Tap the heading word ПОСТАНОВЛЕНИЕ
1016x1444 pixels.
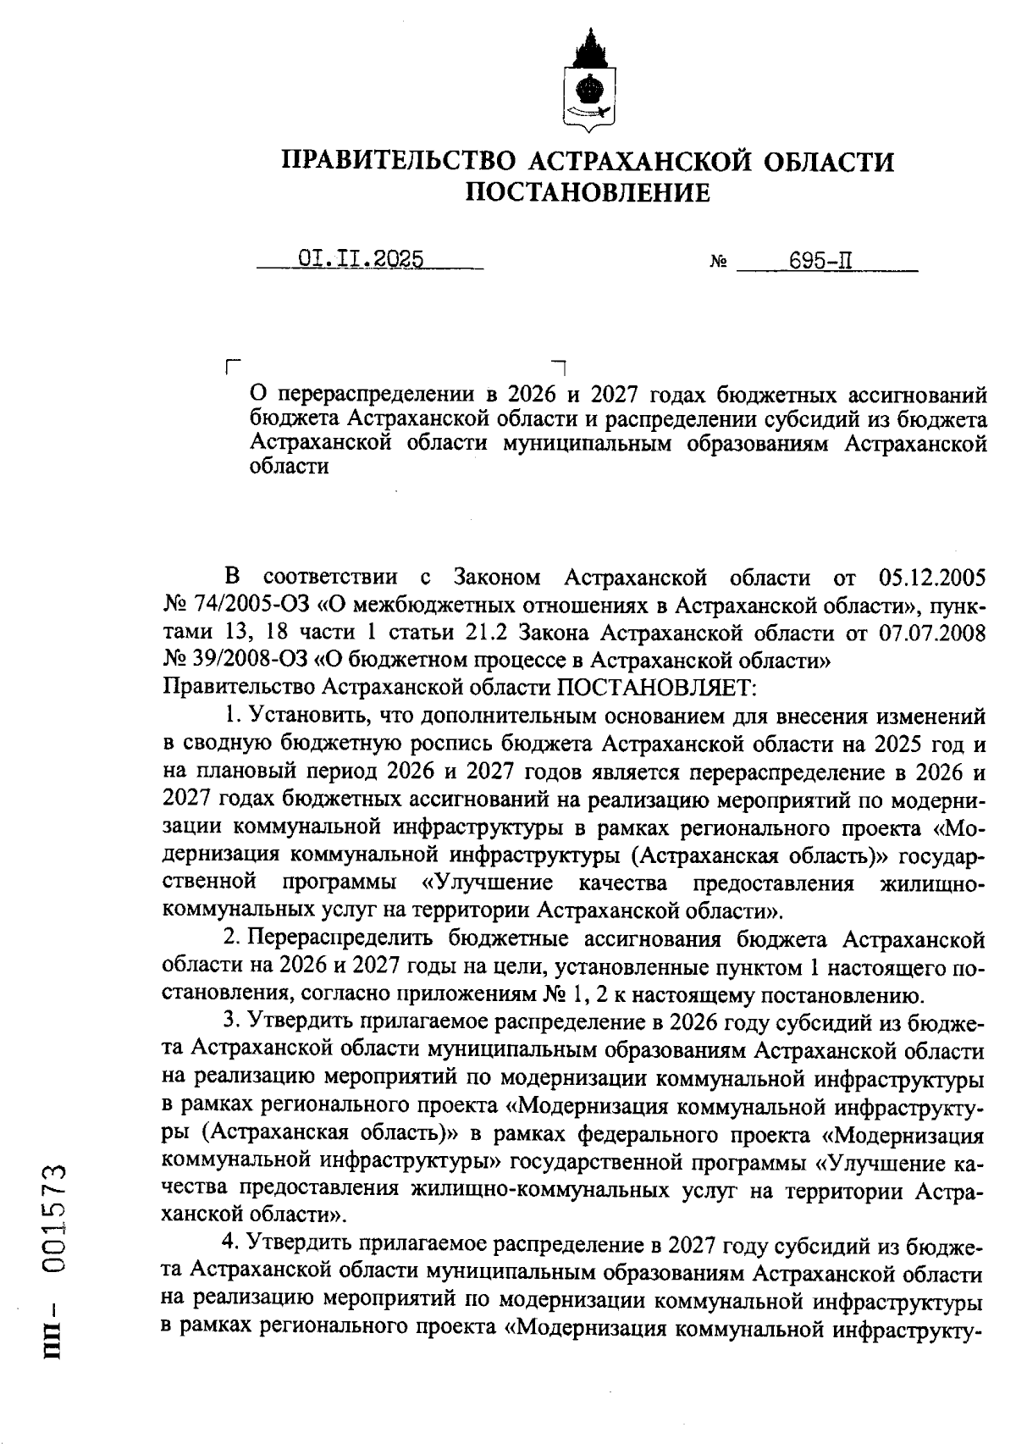tap(588, 193)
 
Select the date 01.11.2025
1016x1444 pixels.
tap(361, 258)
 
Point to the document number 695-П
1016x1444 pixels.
tap(820, 259)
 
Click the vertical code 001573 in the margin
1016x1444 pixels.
tap(56, 1217)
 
